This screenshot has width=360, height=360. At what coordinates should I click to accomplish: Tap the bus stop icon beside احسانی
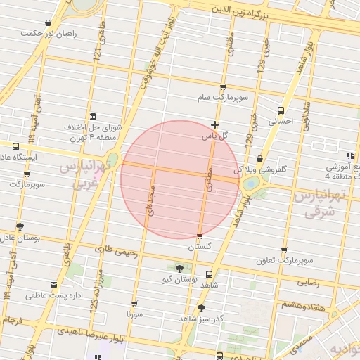point(281,110)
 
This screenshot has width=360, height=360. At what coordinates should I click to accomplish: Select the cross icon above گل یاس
point(214,124)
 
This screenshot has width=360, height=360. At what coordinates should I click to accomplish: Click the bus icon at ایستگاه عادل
point(15,146)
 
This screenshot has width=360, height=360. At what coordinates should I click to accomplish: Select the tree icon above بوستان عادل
point(20,226)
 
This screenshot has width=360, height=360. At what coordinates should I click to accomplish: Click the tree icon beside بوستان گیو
point(179,269)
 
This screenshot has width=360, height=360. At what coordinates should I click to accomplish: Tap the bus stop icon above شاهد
point(208,275)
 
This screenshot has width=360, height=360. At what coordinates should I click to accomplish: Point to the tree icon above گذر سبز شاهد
point(202,307)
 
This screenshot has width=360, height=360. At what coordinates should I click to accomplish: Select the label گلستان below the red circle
point(200,247)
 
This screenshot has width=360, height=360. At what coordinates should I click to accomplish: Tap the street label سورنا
point(134,314)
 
